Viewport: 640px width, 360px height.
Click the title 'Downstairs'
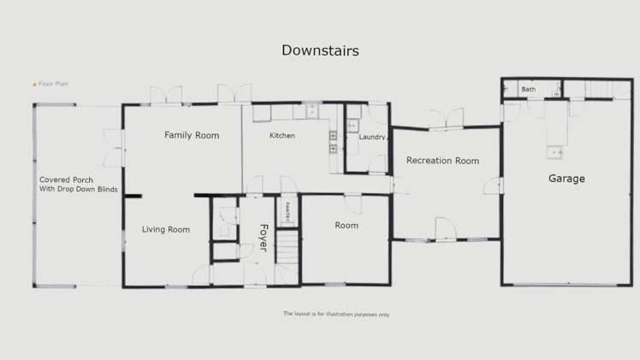coord(320,50)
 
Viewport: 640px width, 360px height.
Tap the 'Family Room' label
coord(192,135)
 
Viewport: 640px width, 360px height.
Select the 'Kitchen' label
coord(282,136)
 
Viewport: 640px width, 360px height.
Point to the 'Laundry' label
coord(372,137)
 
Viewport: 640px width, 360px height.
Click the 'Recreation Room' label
coord(442,161)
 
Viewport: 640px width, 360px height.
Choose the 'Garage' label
coord(566,179)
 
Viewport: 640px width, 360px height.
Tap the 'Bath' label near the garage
coord(529,89)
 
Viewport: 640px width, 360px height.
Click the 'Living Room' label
coord(166,229)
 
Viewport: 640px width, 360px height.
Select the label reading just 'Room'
coord(347,226)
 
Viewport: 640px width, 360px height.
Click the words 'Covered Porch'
coord(66,180)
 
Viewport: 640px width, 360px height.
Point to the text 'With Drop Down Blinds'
coord(79,190)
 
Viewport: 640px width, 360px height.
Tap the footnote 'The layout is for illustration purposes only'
coord(336,314)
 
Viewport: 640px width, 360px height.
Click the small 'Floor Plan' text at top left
coord(53,84)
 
